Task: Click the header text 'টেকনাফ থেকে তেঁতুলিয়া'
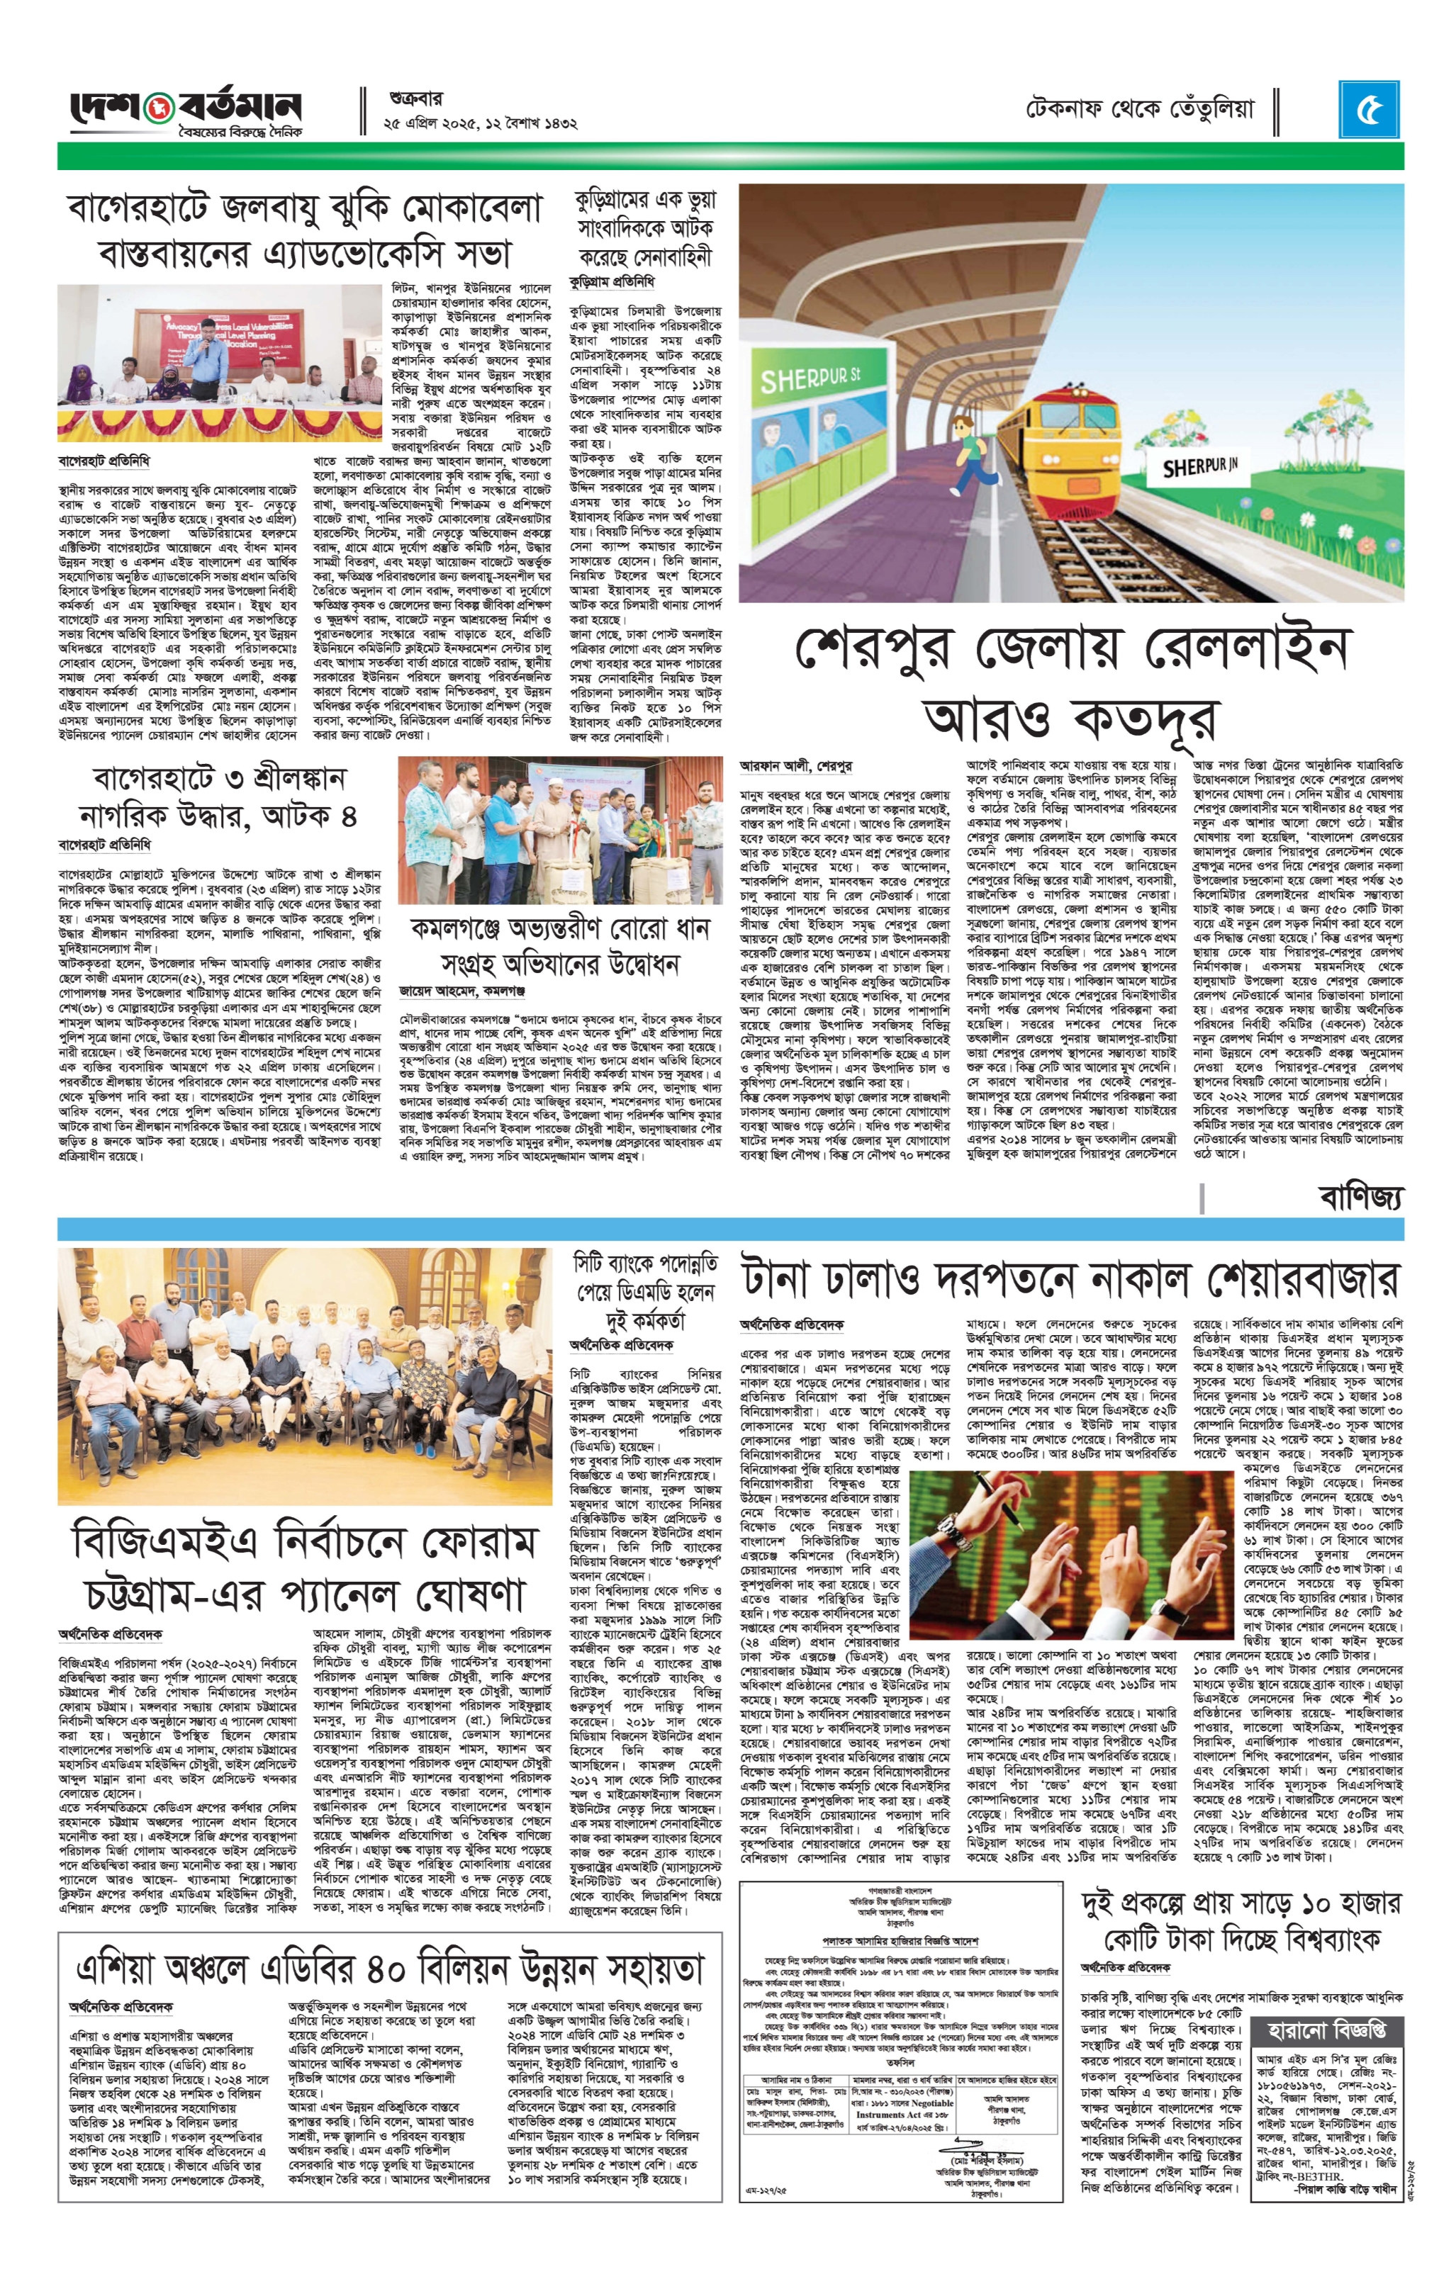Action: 1141,110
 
